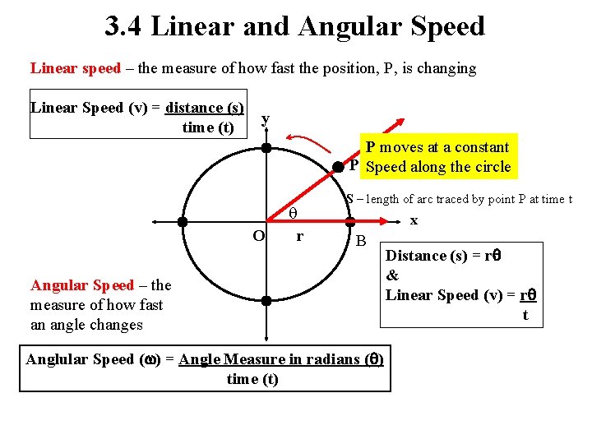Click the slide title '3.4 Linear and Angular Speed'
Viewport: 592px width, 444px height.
tap(295, 26)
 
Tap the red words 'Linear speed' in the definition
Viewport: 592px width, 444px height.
tap(76, 68)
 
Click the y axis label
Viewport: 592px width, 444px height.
tap(265, 120)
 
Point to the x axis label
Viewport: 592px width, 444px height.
tap(414, 220)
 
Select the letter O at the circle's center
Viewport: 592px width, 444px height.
tap(258, 236)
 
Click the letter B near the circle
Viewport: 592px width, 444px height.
tap(360, 241)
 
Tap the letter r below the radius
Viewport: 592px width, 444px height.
tap(299, 236)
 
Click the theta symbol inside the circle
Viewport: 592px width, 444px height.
tap(293, 214)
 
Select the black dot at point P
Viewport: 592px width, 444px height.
tap(338, 166)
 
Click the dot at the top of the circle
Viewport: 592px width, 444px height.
tap(266, 148)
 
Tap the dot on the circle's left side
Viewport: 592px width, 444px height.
tap(183, 221)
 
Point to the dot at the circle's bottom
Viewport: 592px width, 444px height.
tap(266, 301)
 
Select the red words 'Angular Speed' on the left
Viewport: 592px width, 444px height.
tap(82, 285)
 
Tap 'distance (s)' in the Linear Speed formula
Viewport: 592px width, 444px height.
tap(204, 108)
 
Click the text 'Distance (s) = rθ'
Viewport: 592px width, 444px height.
tap(444, 256)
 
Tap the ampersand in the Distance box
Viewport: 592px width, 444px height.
tap(392, 275)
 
